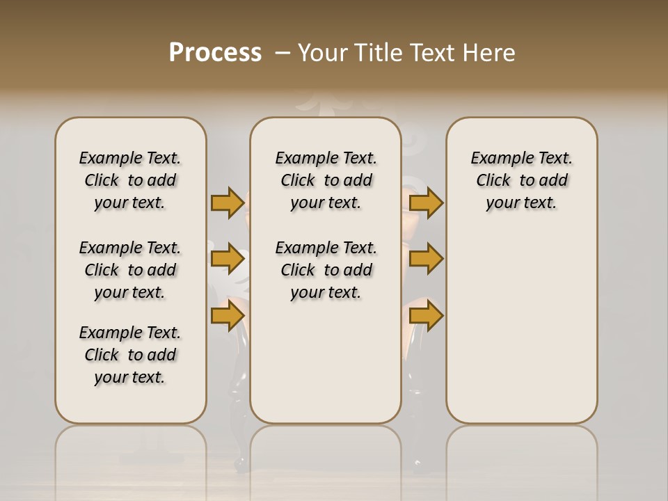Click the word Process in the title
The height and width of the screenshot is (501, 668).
215,53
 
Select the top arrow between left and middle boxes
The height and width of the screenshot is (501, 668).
228,202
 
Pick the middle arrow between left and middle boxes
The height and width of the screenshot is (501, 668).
228,259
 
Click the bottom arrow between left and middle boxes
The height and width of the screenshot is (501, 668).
228,316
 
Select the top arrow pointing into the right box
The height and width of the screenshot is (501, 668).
426,202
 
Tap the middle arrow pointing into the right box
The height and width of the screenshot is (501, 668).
426,259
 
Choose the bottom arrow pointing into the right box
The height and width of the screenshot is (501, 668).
426,316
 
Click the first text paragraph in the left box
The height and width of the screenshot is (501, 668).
130,180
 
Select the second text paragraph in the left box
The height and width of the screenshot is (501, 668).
130,270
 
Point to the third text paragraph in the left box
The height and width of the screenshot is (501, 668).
130,355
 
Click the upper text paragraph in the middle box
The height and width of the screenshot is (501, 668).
326,180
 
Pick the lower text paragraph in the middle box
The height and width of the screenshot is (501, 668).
326,270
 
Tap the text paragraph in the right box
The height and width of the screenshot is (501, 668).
521,180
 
